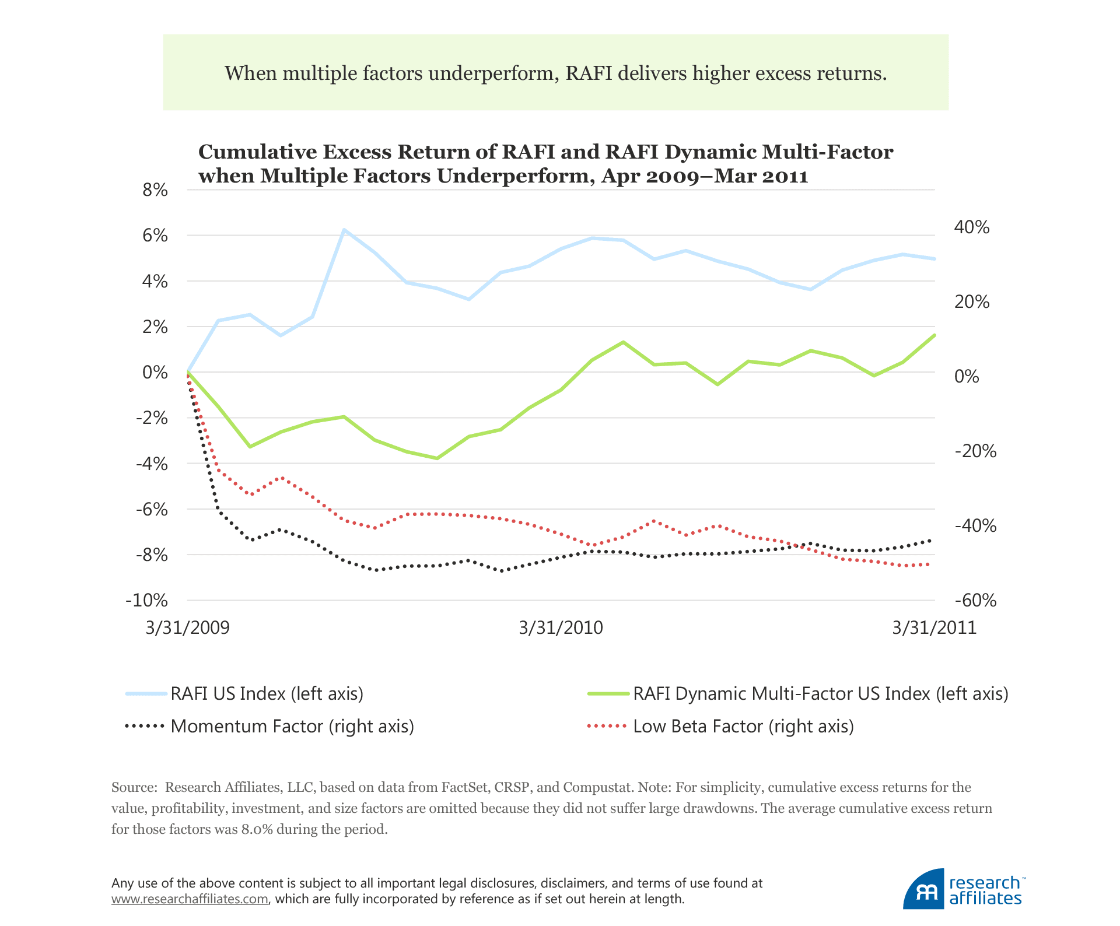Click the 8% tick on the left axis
pos(155,190)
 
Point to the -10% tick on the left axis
pos(147,601)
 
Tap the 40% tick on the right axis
pos(971,227)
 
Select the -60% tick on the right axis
pos(975,601)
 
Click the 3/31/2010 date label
pos(561,628)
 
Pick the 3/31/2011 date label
pos(934,628)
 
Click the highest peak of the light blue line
pos(344,230)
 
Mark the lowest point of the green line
pos(437,458)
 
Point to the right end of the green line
pos(935,335)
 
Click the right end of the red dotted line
pos(929,564)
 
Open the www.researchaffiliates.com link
pos(190,899)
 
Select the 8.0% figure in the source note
pos(257,829)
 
